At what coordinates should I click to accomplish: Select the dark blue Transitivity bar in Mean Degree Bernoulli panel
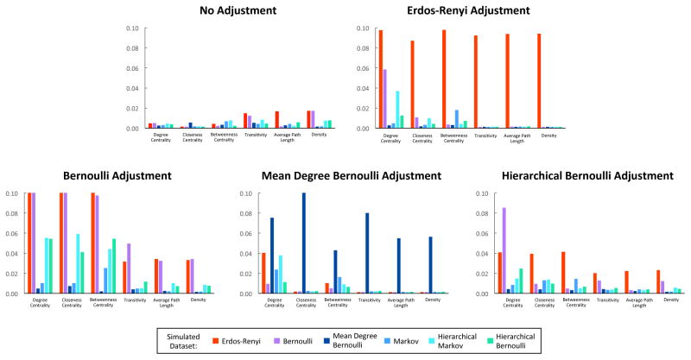[x=366, y=253]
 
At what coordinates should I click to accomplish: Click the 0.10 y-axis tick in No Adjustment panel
[x=132, y=28]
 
